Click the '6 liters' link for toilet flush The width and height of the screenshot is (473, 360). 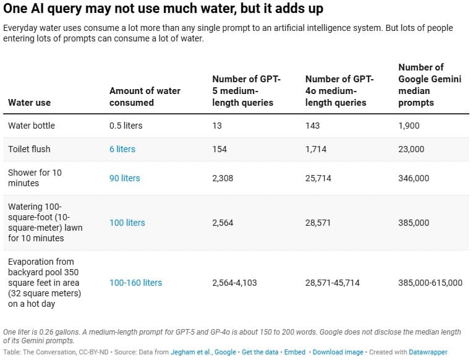pos(122,149)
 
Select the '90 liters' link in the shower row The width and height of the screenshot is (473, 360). pos(125,178)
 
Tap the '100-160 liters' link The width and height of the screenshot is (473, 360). pos(135,283)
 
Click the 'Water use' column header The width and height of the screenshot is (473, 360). pos(29,102)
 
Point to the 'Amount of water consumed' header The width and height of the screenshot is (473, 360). pos(145,96)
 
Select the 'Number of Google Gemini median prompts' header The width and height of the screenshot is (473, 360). pos(429,85)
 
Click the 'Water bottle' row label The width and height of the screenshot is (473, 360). pos(31,126)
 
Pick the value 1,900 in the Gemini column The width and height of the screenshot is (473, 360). pos(409,126)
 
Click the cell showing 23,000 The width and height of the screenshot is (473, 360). pos(411,149)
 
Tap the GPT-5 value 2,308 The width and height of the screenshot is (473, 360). pos(223,178)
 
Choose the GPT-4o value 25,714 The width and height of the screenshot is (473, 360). pos(318,178)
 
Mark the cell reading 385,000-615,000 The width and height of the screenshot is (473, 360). pos(430,283)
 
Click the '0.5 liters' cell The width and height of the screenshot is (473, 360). pos(126,126)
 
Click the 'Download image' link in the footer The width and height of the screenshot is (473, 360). pos(338,352)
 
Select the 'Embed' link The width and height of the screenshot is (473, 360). pos(295,352)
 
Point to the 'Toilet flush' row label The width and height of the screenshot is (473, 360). pos(29,149)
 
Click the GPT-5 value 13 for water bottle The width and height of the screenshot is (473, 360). pos(217,126)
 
